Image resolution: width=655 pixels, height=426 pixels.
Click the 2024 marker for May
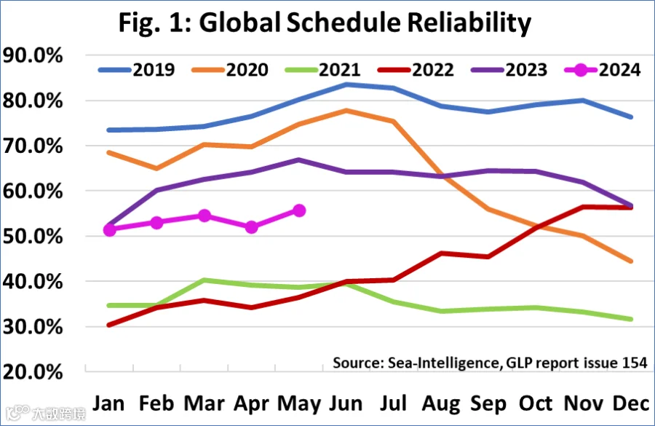point(299,210)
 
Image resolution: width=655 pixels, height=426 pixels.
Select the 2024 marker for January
point(109,229)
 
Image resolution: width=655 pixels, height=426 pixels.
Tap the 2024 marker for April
point(252,227)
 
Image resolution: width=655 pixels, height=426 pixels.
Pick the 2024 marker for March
point(205,216)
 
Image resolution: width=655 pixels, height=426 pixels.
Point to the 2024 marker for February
point(156,222)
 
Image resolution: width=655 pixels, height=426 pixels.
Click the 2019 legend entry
point(137,70)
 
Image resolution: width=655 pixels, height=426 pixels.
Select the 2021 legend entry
point(322,70)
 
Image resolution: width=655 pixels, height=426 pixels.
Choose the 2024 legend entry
point(603,70)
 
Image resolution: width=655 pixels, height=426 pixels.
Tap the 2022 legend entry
point(416,70)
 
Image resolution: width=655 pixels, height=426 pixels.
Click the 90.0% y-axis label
point(33,55)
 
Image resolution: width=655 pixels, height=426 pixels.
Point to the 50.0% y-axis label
point(33,237)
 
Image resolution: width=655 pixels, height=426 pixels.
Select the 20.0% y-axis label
point(33,372)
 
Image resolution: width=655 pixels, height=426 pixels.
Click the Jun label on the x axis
point(346,404)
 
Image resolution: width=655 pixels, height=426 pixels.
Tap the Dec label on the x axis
point(631,404)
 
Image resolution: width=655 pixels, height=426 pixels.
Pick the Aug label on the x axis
point(441,404)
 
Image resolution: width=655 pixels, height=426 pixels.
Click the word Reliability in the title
point(469,23)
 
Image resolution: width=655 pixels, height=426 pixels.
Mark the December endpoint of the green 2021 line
point(631,320)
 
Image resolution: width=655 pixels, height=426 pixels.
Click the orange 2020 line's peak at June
point(346,111)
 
